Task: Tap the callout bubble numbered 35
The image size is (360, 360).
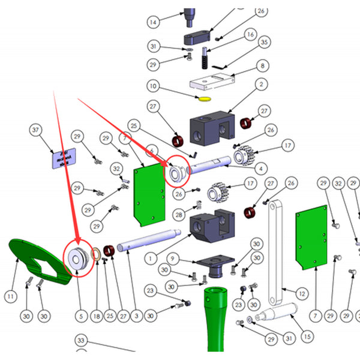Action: pyautogui.click(x=263, y=43)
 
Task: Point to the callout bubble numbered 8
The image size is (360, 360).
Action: pyautogui.click(x=262, y=66)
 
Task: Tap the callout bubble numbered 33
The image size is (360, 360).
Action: pyautogui.click(x=82, y=341)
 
